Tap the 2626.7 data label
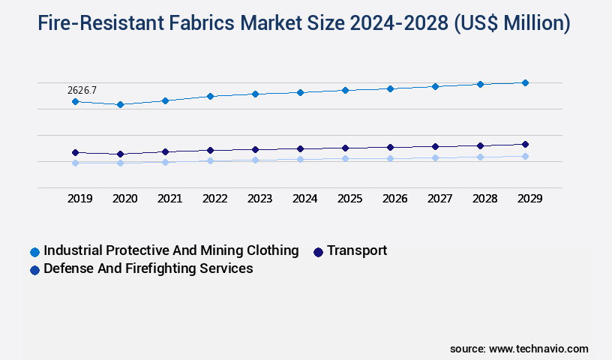(x=82, y=90)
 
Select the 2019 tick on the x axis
(x=80, y=199)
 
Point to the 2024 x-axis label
(x=305, y=199)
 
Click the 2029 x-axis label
(x=530, y=199)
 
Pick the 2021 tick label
(x=170, y=199)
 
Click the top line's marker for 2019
(x=75, y=101)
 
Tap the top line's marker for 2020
(x=120, y=104)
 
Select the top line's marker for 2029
(x=525, y=82)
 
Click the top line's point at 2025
(x=345, y=90)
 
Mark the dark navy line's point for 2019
(x=75, y=152)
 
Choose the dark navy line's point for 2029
(x=525, y=144)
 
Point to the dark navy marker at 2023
(x=255, y=149)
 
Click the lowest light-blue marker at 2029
(x=525, y=156)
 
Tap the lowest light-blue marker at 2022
(x=210, y=160)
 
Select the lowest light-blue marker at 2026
(x=390, y=158)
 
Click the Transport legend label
(x=357, y=250)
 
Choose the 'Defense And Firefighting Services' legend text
(x=148, y=268)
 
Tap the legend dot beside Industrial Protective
(x=34, y=252)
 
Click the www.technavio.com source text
(x=538, y=349)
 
